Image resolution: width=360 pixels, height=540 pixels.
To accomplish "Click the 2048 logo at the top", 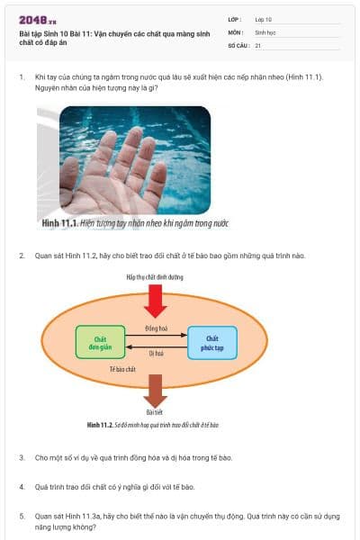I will pos(37,20).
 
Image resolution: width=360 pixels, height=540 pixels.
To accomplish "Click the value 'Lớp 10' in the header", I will pos(264,18).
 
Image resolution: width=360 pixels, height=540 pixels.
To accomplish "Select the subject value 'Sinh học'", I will pos(265,31).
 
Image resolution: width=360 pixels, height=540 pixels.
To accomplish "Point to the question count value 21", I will pos(258,44).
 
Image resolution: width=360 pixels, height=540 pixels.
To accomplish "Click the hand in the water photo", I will pos(117,171).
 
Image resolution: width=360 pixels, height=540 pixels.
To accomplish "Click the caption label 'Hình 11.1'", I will pos(58,221).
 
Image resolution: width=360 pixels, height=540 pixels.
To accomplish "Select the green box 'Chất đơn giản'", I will pos(100,342).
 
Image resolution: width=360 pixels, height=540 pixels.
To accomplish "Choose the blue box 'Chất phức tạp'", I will pos(212,342).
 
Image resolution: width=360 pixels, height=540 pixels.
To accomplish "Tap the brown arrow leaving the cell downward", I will pos(155,390).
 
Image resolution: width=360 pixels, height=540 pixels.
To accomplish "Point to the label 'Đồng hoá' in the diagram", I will pos(157,329).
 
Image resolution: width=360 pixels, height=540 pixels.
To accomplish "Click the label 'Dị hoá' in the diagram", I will pos(156,354).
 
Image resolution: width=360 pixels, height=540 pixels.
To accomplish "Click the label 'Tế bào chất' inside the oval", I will pos(122,369).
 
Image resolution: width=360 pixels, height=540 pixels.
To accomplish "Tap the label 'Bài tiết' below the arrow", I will pos(154,412).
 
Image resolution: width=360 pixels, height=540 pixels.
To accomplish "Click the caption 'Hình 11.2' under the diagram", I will pos(98,423).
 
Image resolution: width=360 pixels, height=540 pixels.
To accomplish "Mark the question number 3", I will pos(22,457).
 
